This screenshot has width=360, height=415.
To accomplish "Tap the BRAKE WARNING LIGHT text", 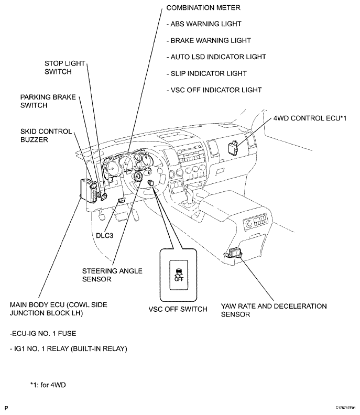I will [x=208, y=40].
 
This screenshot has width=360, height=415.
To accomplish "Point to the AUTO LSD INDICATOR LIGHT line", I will [x=215, y=57].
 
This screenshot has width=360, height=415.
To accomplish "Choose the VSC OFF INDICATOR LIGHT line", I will [x=213, y=90].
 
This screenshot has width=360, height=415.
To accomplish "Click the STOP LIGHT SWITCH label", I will [x=65, y=68].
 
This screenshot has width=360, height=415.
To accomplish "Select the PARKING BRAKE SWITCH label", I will [x=48, y=101].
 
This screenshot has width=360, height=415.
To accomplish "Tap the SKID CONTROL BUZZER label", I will [x=46, y=135].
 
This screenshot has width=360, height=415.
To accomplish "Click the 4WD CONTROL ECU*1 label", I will [x=309, y=118].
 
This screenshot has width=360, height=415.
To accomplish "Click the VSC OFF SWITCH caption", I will [x=178, y=309].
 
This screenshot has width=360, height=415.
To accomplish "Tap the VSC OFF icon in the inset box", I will [x=178, y=275].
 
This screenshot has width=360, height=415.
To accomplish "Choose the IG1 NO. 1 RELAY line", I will [x=68, y=348].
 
